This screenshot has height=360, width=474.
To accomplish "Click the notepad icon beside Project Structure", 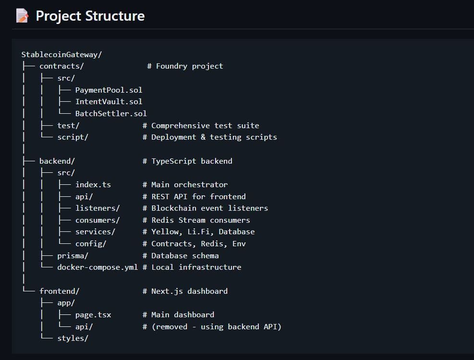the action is pyautogui.click(x=22, y=16).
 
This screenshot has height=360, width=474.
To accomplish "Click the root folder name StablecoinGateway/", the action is pyautogui.click(x=61, y=54).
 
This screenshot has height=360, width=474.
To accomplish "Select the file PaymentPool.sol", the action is pyautogui.click(x=109, y=90).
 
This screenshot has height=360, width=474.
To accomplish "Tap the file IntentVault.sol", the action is pyautogui.click(x=109, y=101).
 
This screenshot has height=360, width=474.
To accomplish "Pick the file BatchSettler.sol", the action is pyautogui.click(x=111, y=113).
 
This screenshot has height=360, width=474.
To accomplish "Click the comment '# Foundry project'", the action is pyautogui.click(x=185, y=66).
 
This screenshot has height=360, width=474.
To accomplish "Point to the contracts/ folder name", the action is pyautogui.click(x=61, y=66).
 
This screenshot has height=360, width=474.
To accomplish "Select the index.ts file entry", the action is pyautogui.click(x=93, y=184).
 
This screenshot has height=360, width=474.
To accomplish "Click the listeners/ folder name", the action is pyautogui.click(x=97, y=208).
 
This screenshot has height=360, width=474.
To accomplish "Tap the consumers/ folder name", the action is pyautogui.click(x=97, y=220).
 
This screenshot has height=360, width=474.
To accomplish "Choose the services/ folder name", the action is pyautogui.click(x=95, y=231).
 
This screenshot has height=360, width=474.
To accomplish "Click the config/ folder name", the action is pyautogui.click(x=91, y=243).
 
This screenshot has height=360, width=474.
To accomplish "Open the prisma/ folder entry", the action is pyautogui.click(x=73, y=255).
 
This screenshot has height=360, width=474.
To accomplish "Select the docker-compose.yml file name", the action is pyautogui.click(x=97, y=267).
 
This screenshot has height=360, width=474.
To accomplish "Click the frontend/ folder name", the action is pyautogui.click(x=60, y=291).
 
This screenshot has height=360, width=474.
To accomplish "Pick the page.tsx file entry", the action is pyautogui.click(x=93, y=314).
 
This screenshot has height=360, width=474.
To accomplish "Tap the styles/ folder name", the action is pyautogui.click(x=73, y=338).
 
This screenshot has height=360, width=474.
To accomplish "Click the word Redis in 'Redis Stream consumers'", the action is pyautogui.click(x=162, y=220).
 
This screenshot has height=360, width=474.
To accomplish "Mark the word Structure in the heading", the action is pyautogui.click(x=115, y=16).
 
